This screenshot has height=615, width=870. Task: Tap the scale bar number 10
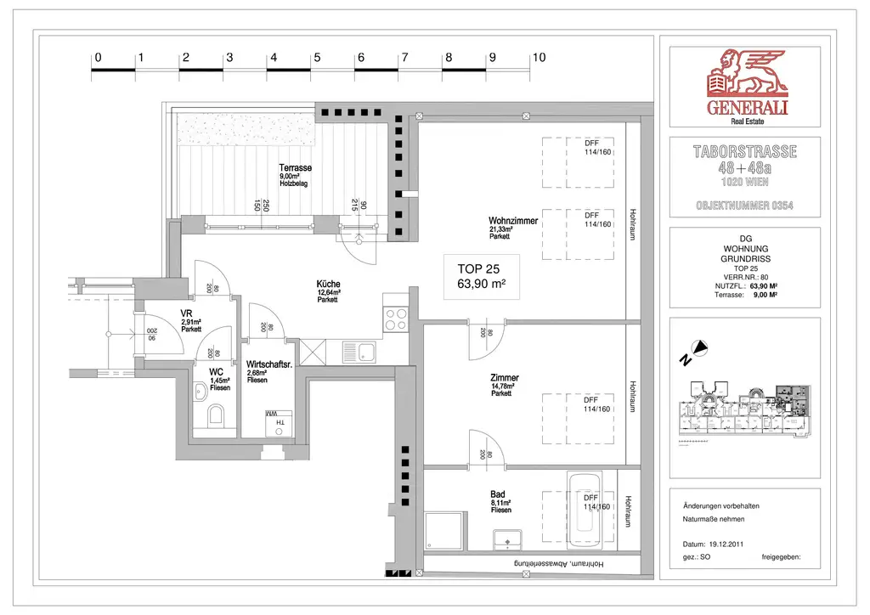[538, 58]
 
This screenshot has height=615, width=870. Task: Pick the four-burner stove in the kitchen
[396, 319]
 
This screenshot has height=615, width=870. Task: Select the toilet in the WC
[216, 415]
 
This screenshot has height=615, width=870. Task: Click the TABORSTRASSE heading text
[746, 152]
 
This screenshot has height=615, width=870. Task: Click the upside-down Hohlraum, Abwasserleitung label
[557, 564]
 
